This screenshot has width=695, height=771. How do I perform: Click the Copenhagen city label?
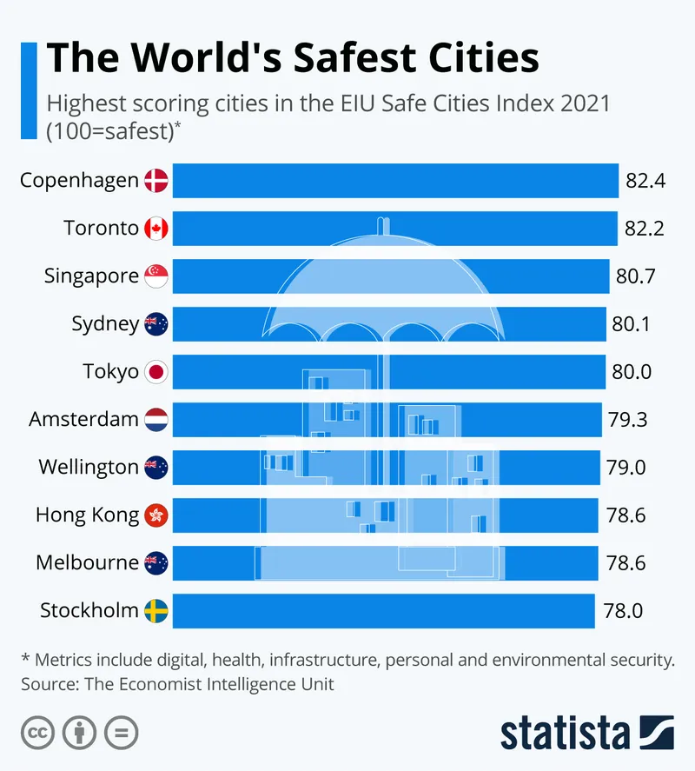79,181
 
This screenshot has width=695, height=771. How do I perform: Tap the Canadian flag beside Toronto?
156,229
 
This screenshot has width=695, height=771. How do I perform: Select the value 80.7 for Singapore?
634,276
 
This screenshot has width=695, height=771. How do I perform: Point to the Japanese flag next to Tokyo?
156,372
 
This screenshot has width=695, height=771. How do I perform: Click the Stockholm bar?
383,611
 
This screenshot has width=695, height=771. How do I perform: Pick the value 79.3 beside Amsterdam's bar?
626,420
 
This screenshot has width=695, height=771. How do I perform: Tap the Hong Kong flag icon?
156,515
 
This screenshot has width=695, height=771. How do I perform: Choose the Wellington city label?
89,468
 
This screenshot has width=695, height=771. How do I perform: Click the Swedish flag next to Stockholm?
156,611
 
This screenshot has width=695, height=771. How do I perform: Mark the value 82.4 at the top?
645,181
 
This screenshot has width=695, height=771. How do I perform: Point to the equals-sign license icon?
121,732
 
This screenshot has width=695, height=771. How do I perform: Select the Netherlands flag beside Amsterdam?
156,420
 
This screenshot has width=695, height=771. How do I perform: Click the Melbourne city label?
87,563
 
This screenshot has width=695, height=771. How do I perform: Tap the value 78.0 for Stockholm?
623,611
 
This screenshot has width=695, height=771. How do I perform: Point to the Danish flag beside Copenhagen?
156,181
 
